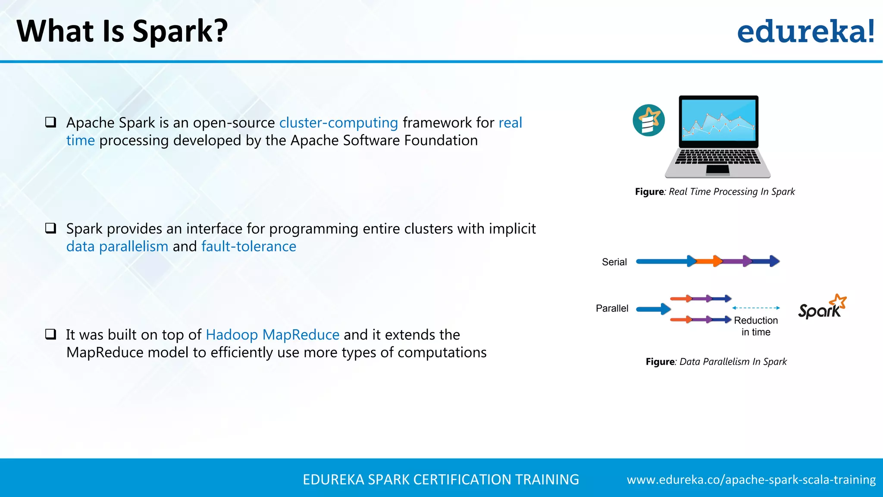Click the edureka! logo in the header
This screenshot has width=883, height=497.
pos(805,31)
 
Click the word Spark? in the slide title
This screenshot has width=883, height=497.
pos(180,31)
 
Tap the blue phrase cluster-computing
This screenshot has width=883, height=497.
pos(338,123)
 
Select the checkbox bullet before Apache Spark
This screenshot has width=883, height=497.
pos(51,122)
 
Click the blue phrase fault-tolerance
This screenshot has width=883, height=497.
pos(249,246)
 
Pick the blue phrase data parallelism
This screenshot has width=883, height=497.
pos(117,246)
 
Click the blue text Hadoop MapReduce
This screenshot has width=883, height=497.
pos(272,335)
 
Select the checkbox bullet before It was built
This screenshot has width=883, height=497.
pos(51,334)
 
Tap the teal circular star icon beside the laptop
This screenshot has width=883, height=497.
pos(648,120)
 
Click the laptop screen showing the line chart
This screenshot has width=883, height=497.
pos(718,120)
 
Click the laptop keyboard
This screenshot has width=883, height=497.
pos(718,157)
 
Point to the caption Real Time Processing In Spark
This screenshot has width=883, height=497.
pos(731,192)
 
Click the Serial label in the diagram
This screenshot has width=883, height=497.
pos(614,262)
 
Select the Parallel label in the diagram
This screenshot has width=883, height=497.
pos(612,308)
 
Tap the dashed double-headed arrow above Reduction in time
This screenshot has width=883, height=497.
pos(756,308)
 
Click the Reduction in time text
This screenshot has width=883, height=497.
pos(756,326)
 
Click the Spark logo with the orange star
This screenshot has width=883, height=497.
pos(822,307)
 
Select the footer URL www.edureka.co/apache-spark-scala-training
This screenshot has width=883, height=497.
pos(751,480)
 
